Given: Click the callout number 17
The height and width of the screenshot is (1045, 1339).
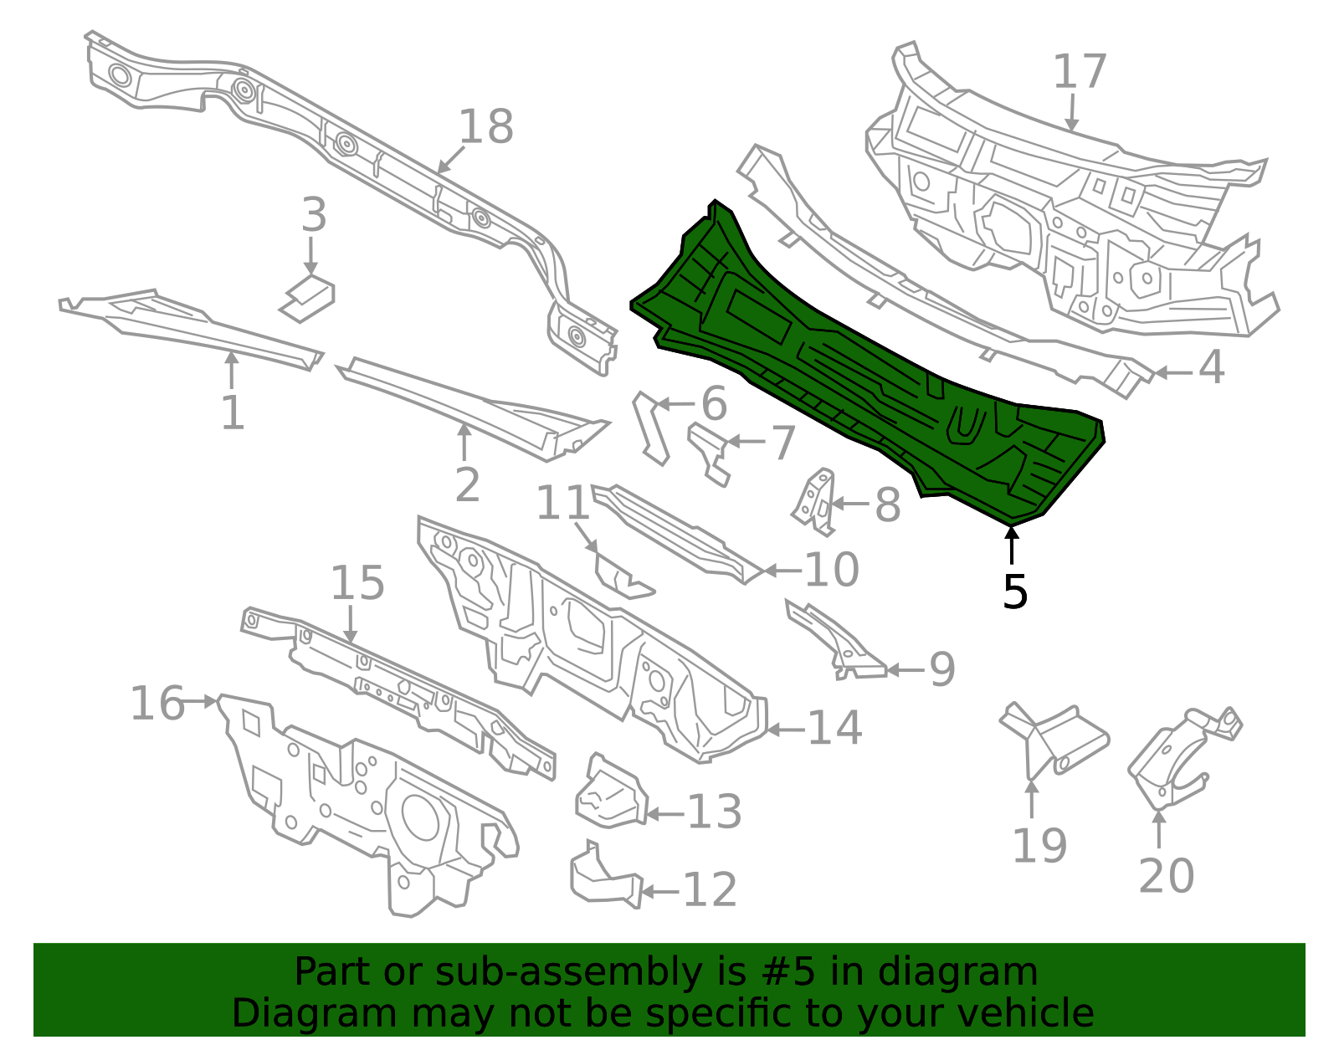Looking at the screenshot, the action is (1080, 72).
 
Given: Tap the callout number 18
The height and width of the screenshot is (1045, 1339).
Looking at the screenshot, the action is (485, 127).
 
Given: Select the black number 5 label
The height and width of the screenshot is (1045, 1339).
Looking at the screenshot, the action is (1015, 592).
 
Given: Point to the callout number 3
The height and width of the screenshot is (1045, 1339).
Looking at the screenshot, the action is (314, 215).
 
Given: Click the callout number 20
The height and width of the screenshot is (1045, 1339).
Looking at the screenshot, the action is (1167, 875).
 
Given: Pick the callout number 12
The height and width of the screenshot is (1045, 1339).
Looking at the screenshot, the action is (710, 889).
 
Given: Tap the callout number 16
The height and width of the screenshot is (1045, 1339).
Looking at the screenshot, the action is (157, 703).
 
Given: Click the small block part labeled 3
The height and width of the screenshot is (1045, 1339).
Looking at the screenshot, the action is (307, 299).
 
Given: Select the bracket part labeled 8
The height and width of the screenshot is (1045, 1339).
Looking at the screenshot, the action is (814, 502).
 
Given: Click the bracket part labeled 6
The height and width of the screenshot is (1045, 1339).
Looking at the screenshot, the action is (652, 429).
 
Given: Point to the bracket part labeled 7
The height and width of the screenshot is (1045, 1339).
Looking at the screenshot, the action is (709, 453).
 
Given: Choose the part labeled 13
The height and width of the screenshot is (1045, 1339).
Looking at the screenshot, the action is (611, 791).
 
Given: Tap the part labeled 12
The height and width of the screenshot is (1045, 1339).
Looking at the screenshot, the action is (606, 876).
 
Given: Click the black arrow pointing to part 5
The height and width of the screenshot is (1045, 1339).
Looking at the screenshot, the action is (1011, 546).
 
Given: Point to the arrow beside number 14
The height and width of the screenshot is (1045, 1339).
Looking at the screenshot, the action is (787, 730).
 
